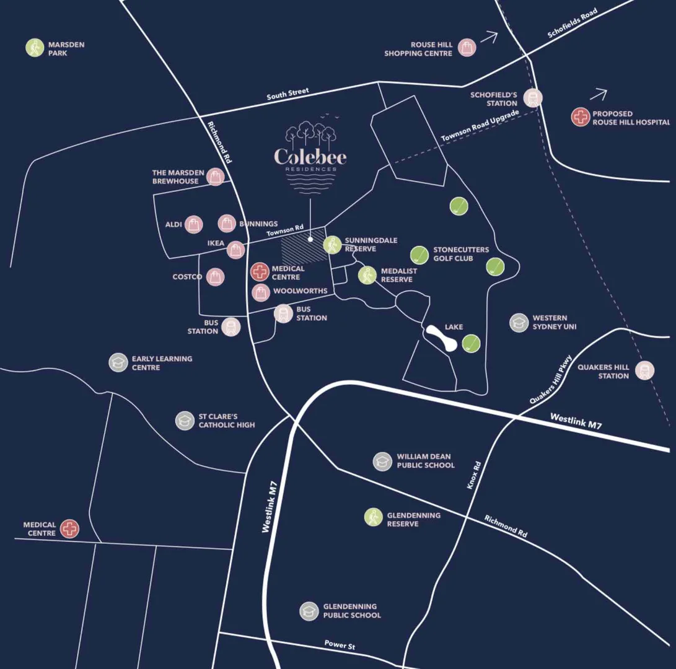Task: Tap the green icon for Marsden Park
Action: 35,48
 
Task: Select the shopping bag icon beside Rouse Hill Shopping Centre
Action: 467,48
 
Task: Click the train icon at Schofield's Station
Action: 532,98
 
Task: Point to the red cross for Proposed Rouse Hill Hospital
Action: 581,118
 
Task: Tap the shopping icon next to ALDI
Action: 193,224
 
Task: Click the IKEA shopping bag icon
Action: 235,250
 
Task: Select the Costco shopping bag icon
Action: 215,277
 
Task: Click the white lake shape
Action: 443,339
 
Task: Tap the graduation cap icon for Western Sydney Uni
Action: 519,322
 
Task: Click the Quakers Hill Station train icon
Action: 645,370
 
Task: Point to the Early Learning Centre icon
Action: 118,362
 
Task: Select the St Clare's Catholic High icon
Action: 185,421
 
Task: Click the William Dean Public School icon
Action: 382,461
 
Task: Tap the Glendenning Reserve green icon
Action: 374,517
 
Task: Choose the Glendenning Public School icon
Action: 309,611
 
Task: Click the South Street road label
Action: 288,95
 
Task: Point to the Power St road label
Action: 340,645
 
